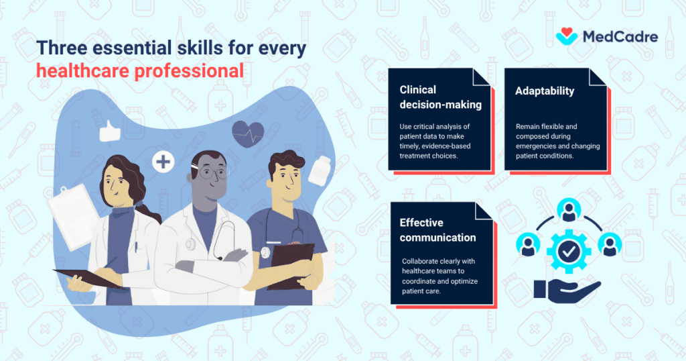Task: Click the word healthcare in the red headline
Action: coord(82,70)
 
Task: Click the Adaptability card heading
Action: coord(544,91)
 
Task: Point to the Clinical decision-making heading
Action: coord(440,97)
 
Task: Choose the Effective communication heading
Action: coord(437,230)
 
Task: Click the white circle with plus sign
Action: coord(162,161)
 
